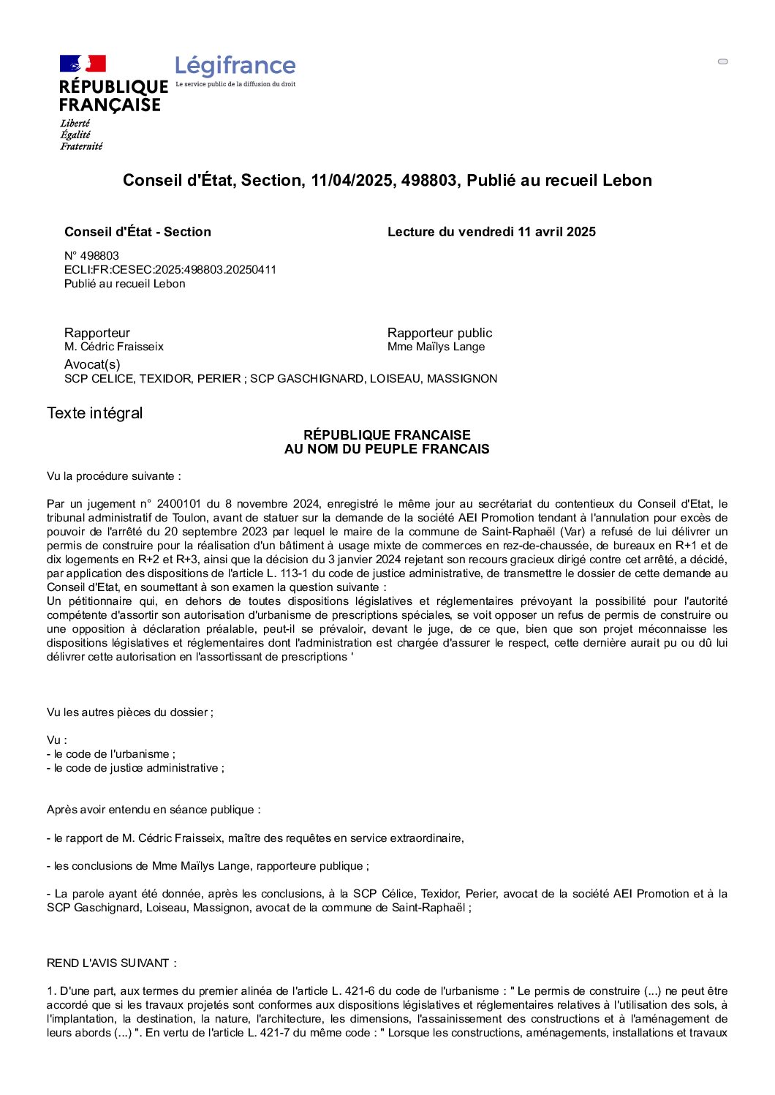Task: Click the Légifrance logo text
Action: (x=235, y=67)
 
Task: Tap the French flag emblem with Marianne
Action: (x=83, y=64)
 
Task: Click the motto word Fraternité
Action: (x=81, y=146)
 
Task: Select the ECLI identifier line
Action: (x=170, y=270)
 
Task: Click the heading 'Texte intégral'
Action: (x=95, y=413)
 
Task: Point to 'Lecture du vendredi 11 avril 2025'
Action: (x=491, y=232)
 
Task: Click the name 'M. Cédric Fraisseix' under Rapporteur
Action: (x=114, y=347)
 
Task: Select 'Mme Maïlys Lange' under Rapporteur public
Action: (x=436, y=347)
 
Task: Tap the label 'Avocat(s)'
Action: (x=92, y=364)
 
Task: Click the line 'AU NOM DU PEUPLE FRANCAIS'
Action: (x=387, y=449)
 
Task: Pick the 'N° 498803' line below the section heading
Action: (x=91, y=256)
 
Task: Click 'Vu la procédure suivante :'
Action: (x=113, y=476)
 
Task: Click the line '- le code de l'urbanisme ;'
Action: (x=111, y=754)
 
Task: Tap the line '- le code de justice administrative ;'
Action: (x=135, y=768)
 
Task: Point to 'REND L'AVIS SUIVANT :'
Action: (x=111, y=963)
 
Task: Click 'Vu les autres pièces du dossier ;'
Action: (x=130, y=712)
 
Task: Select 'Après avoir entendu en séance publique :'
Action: (x=154, y=810)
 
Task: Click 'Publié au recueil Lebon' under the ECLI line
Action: (x=124, y=284)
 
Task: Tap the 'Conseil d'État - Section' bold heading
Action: (x=137, y=232)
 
